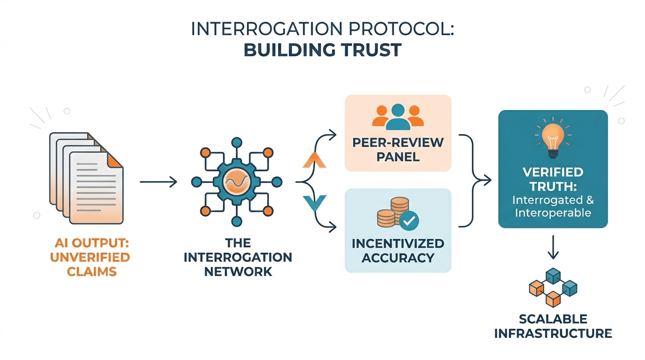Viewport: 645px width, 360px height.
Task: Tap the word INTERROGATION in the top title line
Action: (267, 29)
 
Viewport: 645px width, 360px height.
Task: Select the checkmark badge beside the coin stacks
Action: (409, 221)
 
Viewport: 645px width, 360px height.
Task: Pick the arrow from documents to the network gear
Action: (158, 182)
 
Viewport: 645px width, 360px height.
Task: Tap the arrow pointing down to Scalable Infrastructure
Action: (553, 247)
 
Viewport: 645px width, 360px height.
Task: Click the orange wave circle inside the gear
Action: (236, 182)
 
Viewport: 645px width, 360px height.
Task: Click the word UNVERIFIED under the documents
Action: (90, 257)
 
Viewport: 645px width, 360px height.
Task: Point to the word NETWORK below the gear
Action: (238, 271)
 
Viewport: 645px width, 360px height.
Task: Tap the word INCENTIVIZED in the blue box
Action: (398, 244)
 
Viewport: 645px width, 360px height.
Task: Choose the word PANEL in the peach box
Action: (398, 157)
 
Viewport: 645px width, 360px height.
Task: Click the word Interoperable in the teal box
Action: (553, 213)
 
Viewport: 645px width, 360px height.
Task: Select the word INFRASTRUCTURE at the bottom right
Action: (553, 333)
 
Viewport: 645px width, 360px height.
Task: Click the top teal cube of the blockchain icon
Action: (553, 276)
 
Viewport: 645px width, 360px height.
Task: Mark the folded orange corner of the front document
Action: (115, 160)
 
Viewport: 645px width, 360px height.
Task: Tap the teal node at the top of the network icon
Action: (237, 142)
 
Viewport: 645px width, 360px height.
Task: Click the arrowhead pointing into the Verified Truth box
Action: (487, 180)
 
